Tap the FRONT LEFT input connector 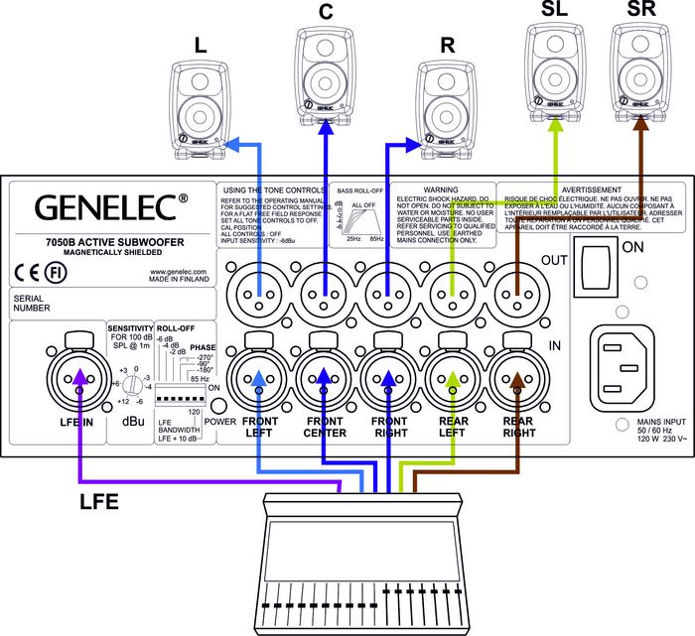(259, 379)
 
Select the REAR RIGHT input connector (518, 379)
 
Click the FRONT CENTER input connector (326, 379)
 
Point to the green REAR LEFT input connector (454, 379)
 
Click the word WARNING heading (441, 189)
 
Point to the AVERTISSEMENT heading (591, 189)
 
